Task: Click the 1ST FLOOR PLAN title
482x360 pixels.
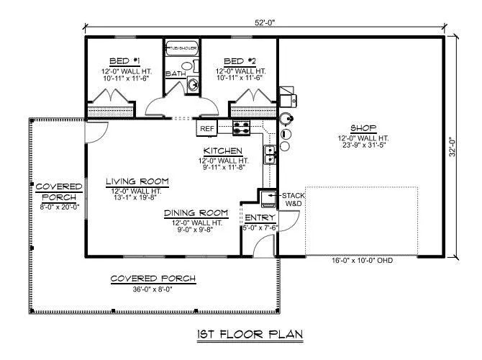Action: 250,334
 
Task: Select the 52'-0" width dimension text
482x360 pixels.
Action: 265,22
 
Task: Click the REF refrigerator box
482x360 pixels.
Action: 207,129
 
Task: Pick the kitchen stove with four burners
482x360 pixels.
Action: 241,128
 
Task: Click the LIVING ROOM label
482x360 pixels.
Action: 137,181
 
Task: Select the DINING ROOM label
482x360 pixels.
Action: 196,213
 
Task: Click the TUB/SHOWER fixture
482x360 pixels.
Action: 182,49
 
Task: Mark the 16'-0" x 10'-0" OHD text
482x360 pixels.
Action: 361,261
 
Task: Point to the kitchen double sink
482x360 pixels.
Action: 269,153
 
